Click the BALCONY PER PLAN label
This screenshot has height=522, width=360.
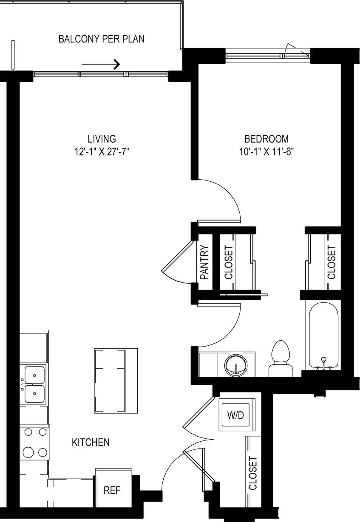(102, 40)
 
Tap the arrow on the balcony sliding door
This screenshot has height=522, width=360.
(101, 64)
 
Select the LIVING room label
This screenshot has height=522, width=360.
(102, 139)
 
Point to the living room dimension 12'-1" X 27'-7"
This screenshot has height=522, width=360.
(102, 152)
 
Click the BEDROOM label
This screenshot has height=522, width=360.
(266, 139)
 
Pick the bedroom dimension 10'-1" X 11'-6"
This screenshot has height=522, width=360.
(266, 152)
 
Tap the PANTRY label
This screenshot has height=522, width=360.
(204, 262)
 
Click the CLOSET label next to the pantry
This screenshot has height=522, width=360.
(229, 262)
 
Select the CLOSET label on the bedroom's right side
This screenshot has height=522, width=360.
(332, 262)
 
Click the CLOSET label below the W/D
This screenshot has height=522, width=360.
(253, 473)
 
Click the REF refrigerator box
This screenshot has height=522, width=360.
(112, 491)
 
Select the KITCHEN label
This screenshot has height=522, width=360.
(91, 442)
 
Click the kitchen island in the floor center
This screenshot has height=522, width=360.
(116, 381)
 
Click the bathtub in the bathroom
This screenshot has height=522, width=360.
(323, 336)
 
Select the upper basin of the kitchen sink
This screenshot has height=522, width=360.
(35, 375)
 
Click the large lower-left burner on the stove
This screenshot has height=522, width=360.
(28, 451)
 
